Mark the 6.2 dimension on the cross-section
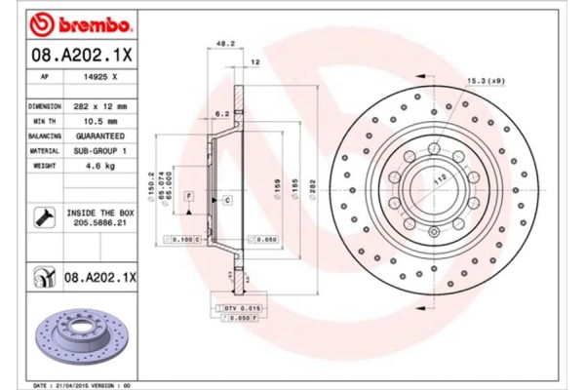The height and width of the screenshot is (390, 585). (x=222, y=114)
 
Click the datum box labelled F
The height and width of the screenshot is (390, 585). (x=189, y=197)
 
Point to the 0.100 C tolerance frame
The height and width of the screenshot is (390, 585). (x=185, y=238)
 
